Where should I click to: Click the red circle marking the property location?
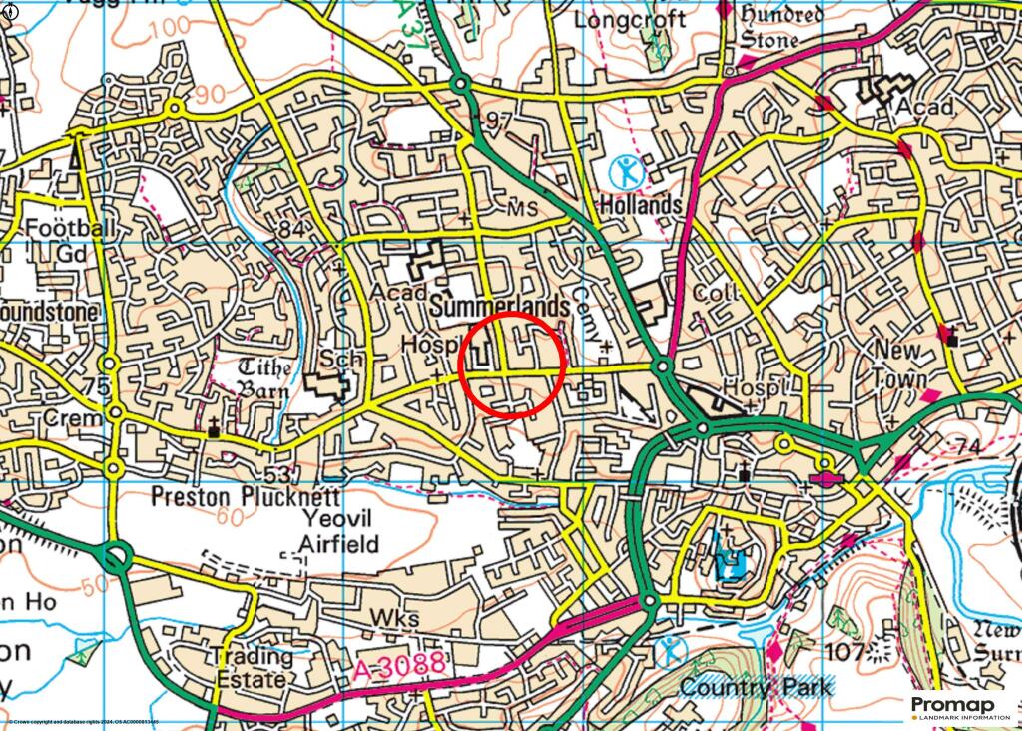[512, 365]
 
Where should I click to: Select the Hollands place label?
[640, 205]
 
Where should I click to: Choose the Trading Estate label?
[251, 668]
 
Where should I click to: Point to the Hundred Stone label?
[781, 27]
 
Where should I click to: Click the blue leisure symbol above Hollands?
[628, 173]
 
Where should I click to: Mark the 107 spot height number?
[845, 654]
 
